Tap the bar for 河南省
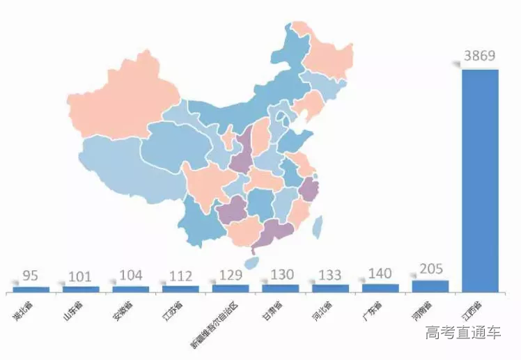click(430, 285)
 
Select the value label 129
click(231, 274)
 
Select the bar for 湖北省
click(31, 288)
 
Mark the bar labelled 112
click(180, 288)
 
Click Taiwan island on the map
click(317, 224)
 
